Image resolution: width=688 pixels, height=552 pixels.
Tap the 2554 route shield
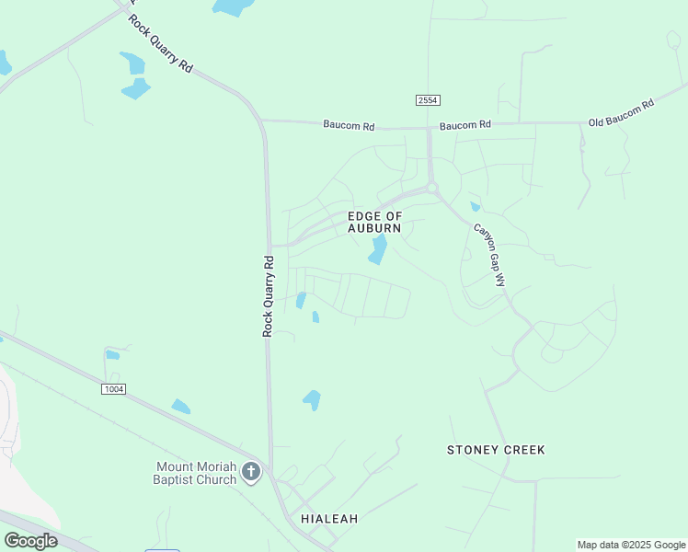[426, 99]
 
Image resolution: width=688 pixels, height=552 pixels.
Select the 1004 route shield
[113, 389]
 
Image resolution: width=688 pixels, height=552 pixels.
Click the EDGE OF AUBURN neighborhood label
[374, 222]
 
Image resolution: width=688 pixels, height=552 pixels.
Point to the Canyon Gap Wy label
[489, 256]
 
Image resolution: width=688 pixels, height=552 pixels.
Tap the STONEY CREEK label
[496, 450]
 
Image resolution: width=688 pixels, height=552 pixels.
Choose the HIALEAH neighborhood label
[329, 519]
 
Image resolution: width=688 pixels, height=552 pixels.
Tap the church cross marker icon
[252, 473]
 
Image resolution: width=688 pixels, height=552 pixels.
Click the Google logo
[31, 540]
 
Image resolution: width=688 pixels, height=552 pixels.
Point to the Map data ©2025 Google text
[632, 545]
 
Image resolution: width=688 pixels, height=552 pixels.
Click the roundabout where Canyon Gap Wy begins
[432, 188]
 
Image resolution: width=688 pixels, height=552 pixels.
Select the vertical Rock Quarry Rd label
[269, 294]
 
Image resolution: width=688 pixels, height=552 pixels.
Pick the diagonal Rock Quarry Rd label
[160, 44]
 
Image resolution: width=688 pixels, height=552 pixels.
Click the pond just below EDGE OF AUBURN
[378, 248]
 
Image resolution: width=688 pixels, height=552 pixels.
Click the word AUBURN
[374, 228]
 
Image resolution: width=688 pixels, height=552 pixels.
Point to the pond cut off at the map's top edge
[234, 6]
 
